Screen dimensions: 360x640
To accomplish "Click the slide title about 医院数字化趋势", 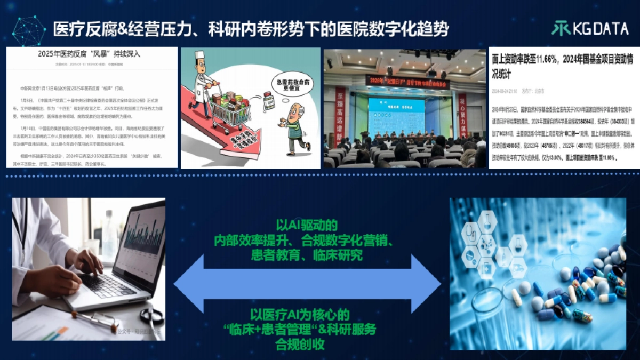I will [251, 29].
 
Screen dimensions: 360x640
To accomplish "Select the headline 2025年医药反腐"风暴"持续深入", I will [92, 54].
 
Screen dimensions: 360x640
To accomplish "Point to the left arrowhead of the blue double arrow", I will [190, 283].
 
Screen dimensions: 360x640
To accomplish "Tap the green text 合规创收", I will [306, 343].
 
